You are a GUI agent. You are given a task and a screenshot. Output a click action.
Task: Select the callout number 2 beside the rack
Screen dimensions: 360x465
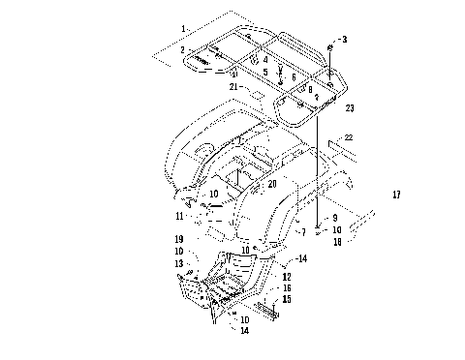pos(181,47)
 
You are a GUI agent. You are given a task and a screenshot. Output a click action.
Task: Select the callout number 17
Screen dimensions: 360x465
pos(395,195)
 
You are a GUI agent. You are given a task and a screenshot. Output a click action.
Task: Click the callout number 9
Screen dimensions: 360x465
pos(334,218)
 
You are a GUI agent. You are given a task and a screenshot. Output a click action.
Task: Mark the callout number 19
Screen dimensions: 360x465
pos(180,238)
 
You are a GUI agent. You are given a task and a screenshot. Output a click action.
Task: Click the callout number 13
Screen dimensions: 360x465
pos(180,263)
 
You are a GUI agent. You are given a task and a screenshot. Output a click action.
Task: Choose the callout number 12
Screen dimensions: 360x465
pos(287,277)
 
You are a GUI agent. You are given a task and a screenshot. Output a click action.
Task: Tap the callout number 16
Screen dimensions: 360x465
pos(287,287)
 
